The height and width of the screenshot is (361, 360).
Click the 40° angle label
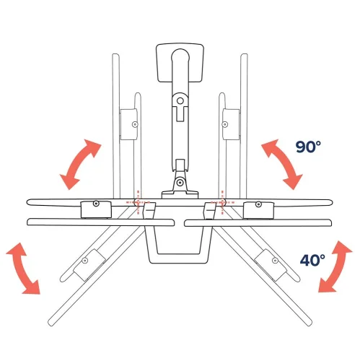click(x=312, y=258)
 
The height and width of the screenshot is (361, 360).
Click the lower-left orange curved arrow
click(x=22, y=269)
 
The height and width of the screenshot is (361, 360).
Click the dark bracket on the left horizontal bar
click(x=96, y=209)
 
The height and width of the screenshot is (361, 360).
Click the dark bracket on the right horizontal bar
click(x=260, y=209)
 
